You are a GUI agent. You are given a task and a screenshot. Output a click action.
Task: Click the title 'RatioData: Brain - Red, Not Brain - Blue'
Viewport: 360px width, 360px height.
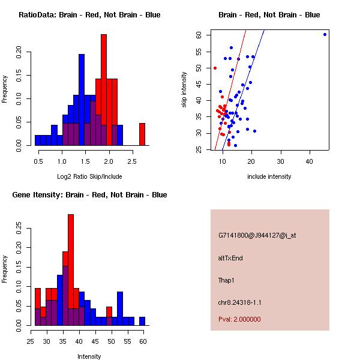(x=89, y=15)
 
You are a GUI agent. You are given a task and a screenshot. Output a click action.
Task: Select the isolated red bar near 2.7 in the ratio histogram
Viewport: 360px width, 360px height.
(x=142, y=134)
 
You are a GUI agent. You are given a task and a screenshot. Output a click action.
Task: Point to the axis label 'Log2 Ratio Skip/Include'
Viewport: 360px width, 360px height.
(x=89, y=176)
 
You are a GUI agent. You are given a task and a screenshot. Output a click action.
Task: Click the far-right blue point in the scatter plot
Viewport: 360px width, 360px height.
(x=325, y=34)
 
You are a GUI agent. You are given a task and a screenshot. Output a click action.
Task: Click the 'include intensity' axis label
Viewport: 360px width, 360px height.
(x=269, y=176)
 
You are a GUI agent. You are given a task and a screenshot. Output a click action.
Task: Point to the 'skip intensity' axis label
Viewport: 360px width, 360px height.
(x=185, y=90)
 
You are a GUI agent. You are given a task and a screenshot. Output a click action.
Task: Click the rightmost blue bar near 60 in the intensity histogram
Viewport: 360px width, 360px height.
(x=142, y=321)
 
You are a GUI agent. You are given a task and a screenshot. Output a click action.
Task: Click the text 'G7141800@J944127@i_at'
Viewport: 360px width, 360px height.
(x=257, y=235)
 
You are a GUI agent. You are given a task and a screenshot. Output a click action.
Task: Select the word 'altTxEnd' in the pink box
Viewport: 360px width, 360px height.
(x=230, y=258)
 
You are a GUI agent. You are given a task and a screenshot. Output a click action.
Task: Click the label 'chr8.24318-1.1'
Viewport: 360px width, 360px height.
(x=240, y=302)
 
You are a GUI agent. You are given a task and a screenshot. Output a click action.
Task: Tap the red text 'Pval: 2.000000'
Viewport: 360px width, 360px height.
(x=239, y=319)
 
